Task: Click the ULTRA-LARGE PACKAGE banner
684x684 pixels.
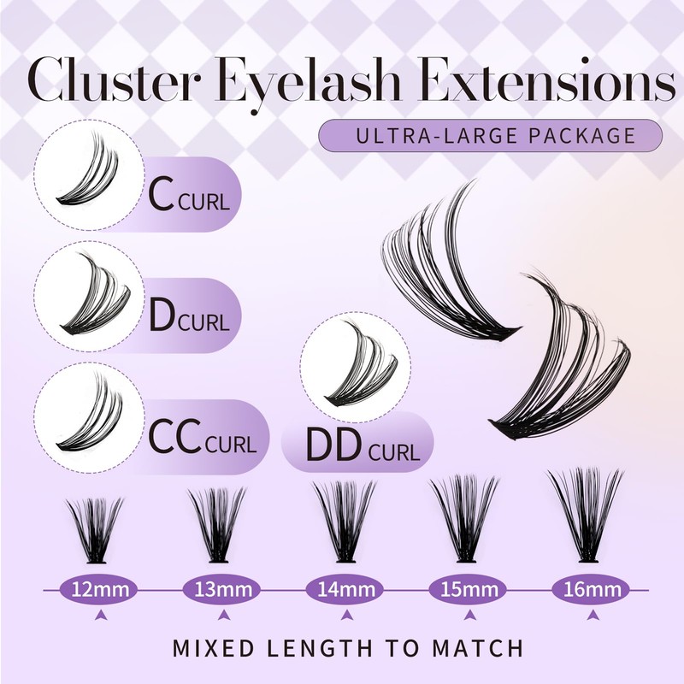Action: point(490,136)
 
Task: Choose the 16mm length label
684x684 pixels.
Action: point(588,588)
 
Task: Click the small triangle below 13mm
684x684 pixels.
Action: point(222,614)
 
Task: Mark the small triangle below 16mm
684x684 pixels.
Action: point(587,614)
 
